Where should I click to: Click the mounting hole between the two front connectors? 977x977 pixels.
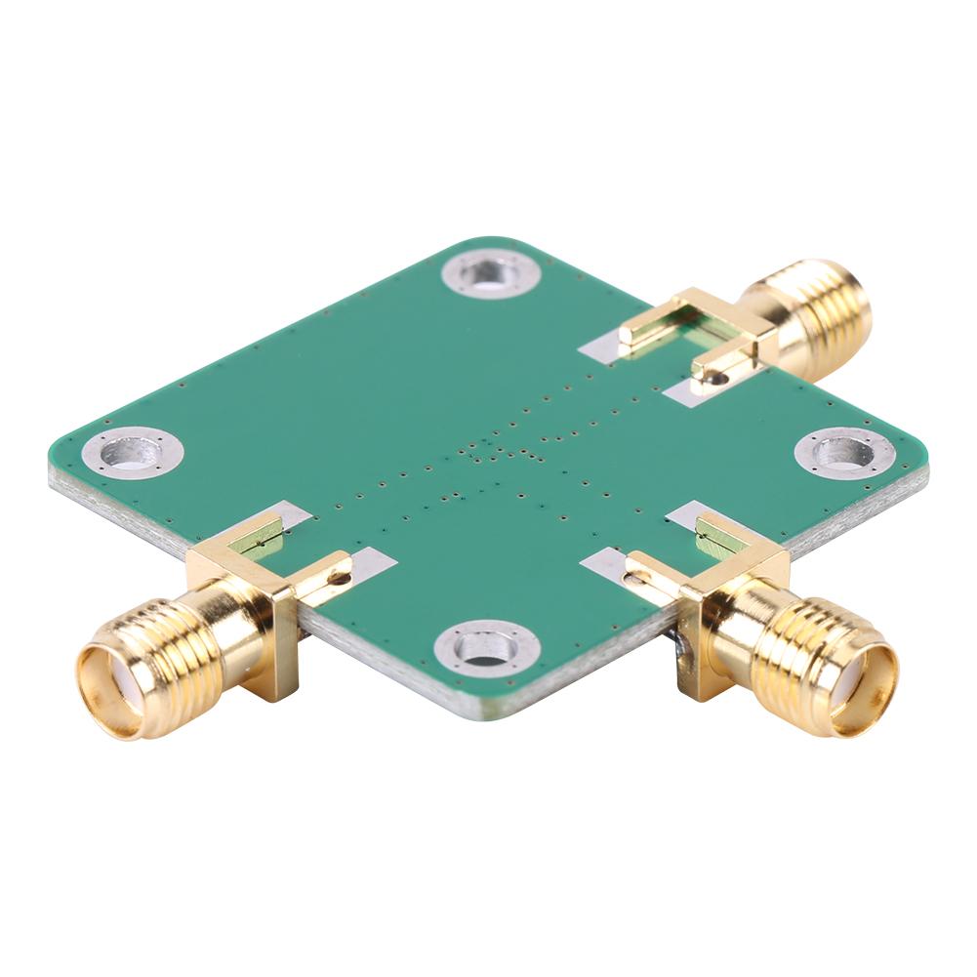485,646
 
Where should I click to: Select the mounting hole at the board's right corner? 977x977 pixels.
843,452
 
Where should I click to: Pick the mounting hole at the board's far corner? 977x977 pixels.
490,274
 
